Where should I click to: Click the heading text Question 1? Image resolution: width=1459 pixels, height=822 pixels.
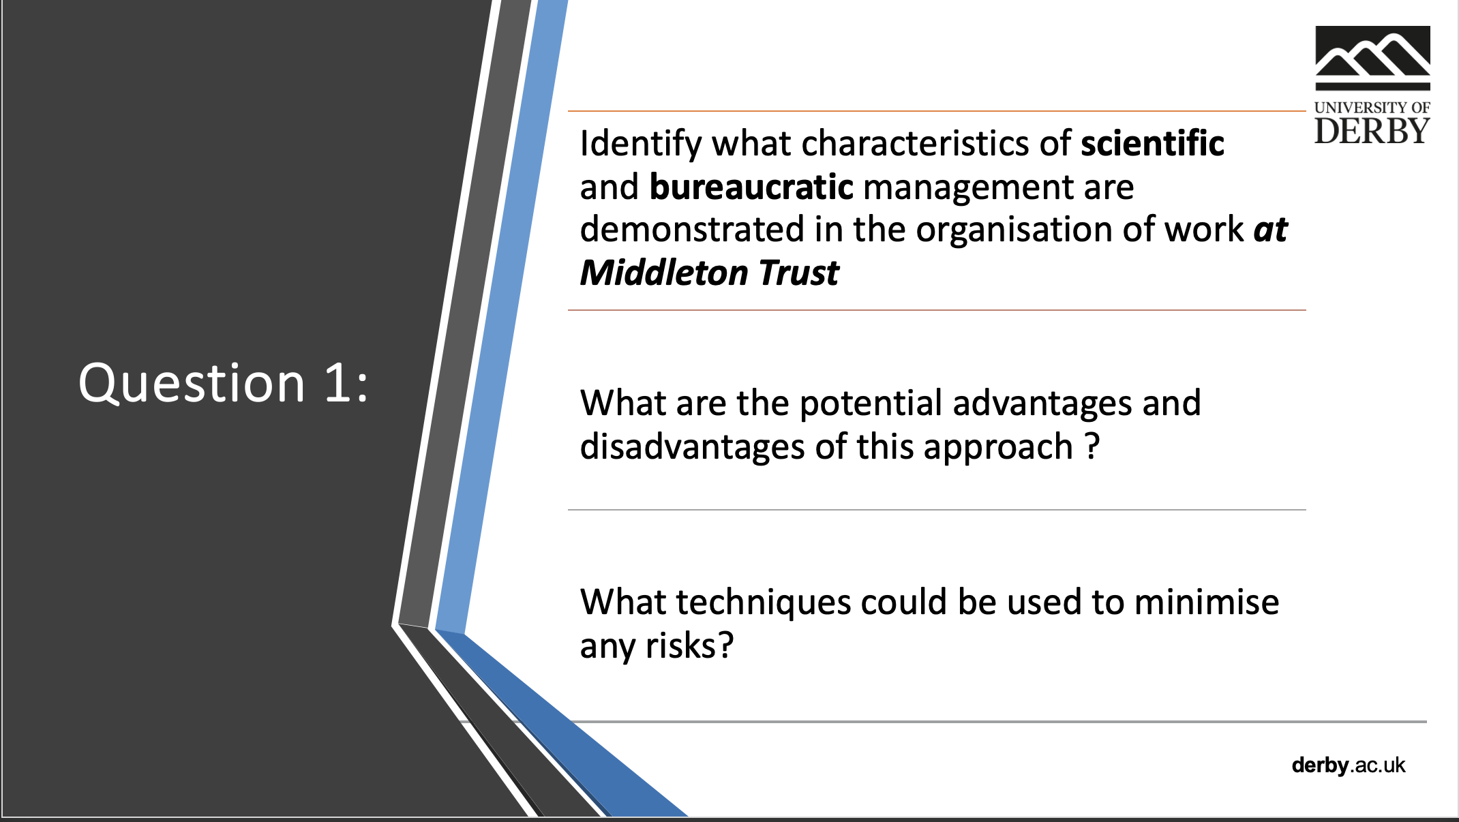224,383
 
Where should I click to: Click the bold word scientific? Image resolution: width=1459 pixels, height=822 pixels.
1152,144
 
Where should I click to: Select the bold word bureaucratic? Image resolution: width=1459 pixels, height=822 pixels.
751,187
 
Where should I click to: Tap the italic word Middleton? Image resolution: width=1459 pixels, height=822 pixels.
664,273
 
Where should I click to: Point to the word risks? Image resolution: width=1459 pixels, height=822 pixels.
690,645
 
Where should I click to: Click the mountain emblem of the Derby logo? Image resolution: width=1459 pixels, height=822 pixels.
1372,58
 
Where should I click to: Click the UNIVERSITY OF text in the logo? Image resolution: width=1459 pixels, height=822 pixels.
1372,107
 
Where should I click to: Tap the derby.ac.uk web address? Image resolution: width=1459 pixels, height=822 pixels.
1349,765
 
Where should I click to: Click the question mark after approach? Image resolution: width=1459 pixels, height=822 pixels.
1092,446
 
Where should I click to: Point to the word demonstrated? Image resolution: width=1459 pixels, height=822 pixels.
692,230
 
